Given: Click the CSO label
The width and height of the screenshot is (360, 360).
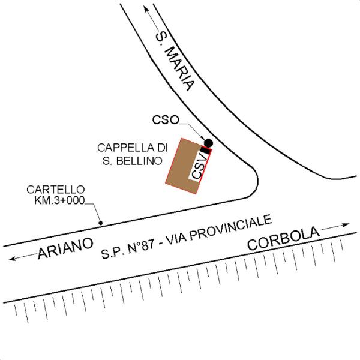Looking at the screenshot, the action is pyautogui.click(x=166, y=120).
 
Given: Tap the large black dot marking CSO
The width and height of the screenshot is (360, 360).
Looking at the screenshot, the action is pyautogui.click(x=208, y=143).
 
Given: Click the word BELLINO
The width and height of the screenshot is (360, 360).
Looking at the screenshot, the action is pyautogui.click(x=139, y=161).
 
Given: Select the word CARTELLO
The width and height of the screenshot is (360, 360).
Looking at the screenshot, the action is pyautogui.click(x=56, y=190).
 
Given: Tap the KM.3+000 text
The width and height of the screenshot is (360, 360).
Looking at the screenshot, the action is pyautogui.click(x=59, y=200).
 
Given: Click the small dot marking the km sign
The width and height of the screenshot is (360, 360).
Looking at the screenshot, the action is pyautogui.click(x=101, y=223).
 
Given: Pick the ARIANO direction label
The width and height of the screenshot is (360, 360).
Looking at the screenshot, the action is pyautogui.click(x=65, y=248).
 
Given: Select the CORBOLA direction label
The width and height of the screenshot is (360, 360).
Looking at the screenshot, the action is pyautogui.click(x=283, y=238).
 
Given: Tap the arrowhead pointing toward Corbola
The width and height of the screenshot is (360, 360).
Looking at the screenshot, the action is pyautogui.click(x=346, y=225).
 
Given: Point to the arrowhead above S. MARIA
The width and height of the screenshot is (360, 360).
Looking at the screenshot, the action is pyautogui.click(x=146, y=9).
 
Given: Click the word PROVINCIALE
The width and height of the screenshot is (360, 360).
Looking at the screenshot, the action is pyautogui.click(x=231, y=228).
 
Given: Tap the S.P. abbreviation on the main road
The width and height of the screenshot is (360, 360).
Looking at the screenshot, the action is pyautogui.click(x=112, y=253).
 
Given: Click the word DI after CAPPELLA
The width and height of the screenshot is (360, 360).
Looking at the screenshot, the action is pyautogui.click(x=163, y=148).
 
